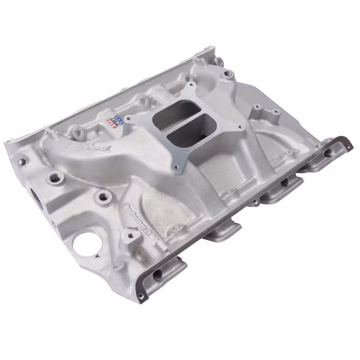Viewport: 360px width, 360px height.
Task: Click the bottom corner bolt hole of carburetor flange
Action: [x=176, y=167]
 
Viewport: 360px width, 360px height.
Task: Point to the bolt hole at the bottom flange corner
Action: [x=141, y=296]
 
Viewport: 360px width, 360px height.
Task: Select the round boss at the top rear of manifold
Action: [x=226, y=75]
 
